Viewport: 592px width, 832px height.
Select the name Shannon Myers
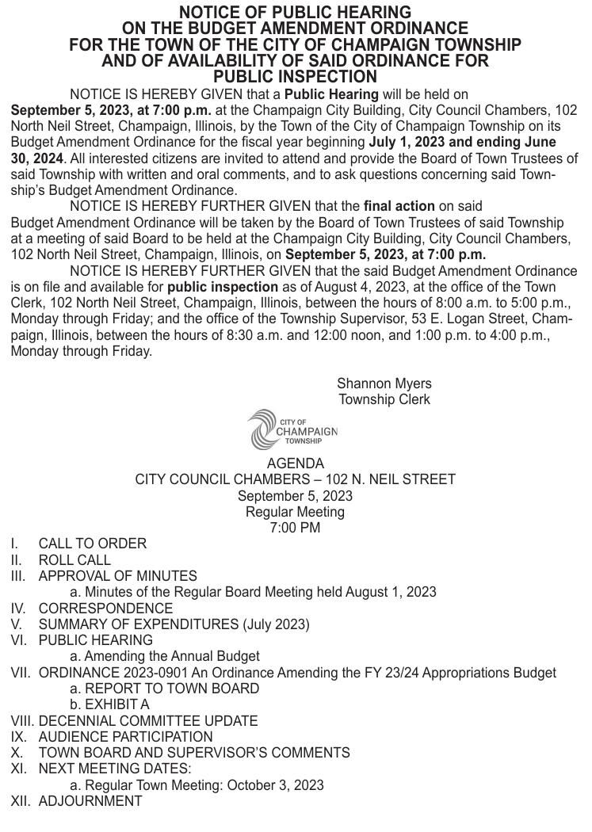[x=384, y=384]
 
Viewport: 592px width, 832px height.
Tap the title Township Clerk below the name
[x=384, y=399]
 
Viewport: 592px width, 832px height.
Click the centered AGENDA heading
[x=295, y=464]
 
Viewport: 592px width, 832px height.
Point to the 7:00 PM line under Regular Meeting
[x=295, y=528]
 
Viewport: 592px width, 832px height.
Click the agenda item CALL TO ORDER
[x=92, y=544]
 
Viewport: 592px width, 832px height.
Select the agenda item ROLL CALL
[x=74, y=560]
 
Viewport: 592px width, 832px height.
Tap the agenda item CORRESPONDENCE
[x=105, y=609]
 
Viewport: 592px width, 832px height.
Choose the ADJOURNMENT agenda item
[x=90, y=801]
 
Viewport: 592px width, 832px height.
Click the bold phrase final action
[x=399, y=207]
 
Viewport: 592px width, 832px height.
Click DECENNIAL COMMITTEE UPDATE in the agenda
[x=148, y=721]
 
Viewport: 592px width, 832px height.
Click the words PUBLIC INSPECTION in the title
[x=295, y=77]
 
